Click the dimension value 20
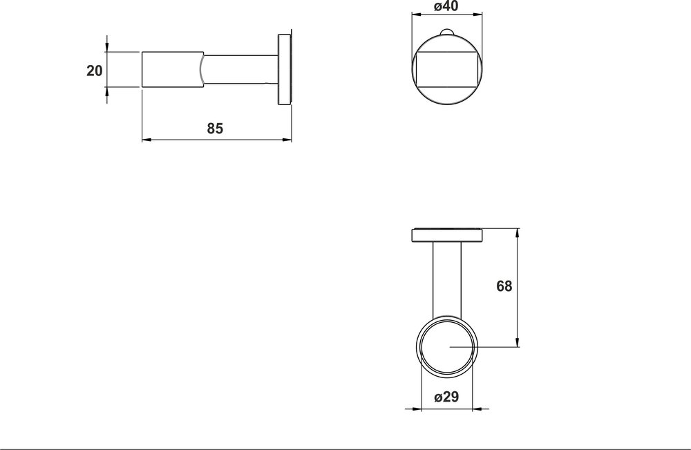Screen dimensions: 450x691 coord(95,70)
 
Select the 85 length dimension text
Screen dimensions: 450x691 coord(215,129)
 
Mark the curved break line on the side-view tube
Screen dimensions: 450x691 coord(202,69)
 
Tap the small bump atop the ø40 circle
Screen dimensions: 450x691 coord(446,33)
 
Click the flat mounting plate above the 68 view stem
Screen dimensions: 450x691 coord(447,235)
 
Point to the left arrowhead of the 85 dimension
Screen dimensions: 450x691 coord(145,140)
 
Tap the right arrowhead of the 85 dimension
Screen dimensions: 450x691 coord(289,140)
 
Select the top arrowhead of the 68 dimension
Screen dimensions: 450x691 coord(518,231)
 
